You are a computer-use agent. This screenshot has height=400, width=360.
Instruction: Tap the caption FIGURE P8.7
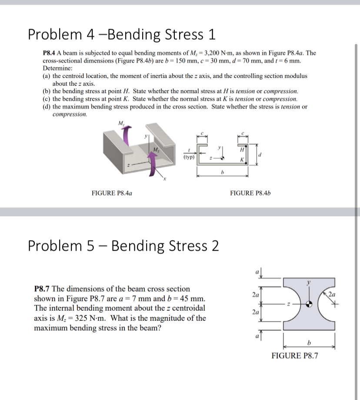pos(294,356)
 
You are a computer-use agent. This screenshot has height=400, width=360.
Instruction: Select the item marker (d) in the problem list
pos(47,107)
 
